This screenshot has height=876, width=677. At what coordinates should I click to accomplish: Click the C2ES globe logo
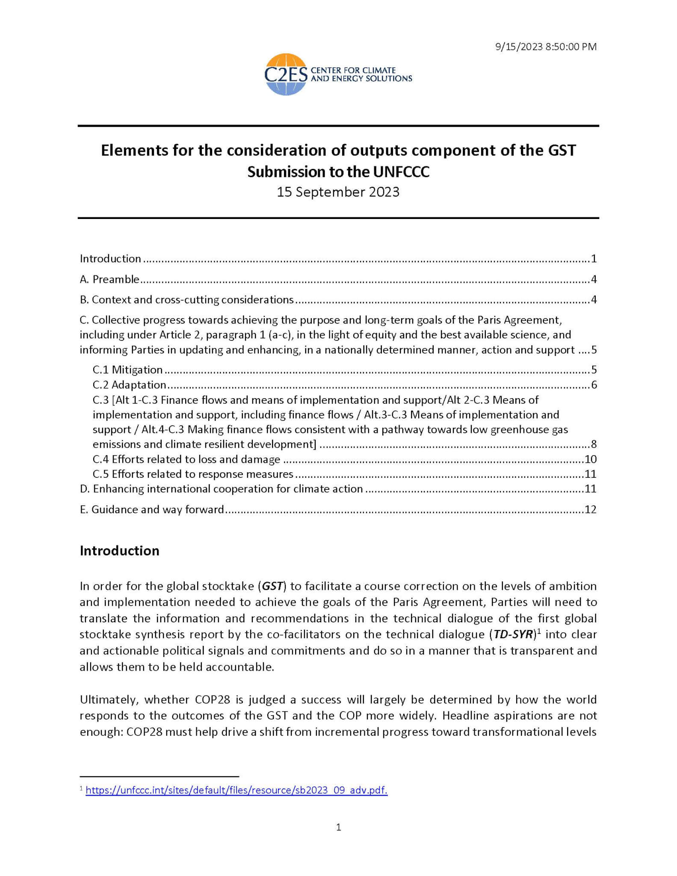click(286, 74)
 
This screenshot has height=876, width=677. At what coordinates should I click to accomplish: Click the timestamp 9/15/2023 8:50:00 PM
click(546, 47)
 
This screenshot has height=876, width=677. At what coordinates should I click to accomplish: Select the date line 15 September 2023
click(338, 192)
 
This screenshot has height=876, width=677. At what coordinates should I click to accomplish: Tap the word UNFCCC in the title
click(401, 172)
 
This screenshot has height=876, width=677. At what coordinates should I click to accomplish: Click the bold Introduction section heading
click(119, 550)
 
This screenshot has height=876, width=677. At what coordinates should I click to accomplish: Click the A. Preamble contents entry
click(110, 279)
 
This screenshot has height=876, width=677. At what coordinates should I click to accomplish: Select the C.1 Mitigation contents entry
click(127, 370)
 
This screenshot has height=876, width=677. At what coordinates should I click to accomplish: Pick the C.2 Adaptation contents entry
click(129, 385)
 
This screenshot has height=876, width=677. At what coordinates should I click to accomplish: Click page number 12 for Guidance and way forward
click(590, 509)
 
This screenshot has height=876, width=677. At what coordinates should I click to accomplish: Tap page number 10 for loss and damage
click(590, 459)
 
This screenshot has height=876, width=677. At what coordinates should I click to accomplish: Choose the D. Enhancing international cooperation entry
click(221, 488)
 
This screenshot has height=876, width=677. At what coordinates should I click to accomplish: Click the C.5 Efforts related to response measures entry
click(193, 474)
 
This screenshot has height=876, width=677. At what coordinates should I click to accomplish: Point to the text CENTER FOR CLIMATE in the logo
click(353, 70)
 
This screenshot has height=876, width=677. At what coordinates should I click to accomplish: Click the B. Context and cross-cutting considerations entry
click(187, 299)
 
